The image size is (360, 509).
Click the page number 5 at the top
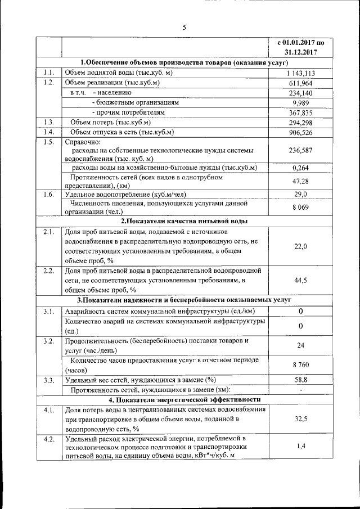pyautogui.click(x=184, y=26)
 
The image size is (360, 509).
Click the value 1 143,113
pyautogui.click(x=300, y=73)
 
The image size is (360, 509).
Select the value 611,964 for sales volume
pyautogui.click(x=300, y=83)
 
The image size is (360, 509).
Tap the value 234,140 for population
pyautogui.click(x=300, y=93)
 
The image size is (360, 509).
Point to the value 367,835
pyautogui.click(x=300, y=112)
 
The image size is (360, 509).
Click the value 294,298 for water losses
pyautogui.click(x=300, y=122)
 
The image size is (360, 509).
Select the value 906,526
pyautogui.click(x=300, y=132)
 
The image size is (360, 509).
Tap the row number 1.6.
pyautogui.click(x=49, y=194)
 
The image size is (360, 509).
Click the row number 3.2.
pyautogui.click(x=49, y=341)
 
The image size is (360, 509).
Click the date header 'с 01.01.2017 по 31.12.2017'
pyautogui.click(x=300, y=47)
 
